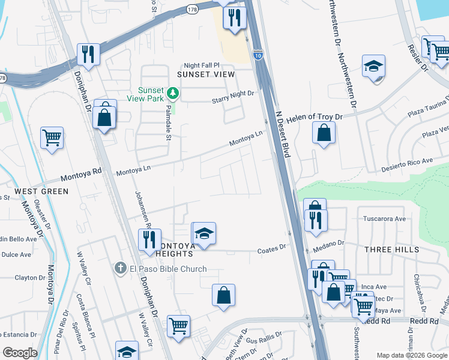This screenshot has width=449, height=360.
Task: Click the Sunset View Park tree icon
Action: point(173,93)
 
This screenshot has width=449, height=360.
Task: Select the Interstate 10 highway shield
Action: point(257,55)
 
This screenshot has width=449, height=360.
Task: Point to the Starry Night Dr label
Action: point(233,94)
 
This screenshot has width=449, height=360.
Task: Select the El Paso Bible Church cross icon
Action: point(121,268)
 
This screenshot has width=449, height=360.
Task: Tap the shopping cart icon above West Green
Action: point(52,137)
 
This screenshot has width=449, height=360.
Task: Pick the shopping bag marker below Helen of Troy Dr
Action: point(324,133)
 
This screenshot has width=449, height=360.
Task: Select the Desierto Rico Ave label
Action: point(411,161)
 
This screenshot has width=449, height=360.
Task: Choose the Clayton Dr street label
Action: point(30,277)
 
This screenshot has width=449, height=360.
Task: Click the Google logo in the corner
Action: point(20,353)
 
